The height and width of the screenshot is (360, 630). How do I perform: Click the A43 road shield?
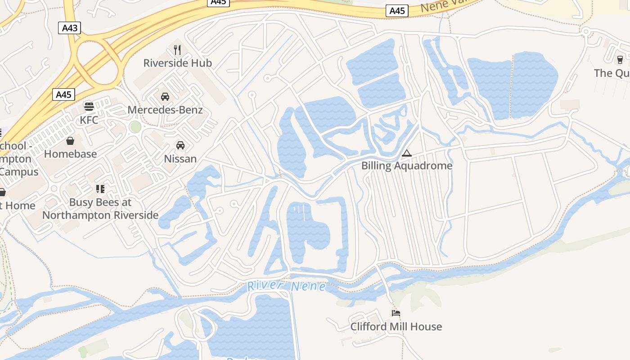point(70,28)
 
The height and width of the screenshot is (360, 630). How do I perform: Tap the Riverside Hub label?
point(177,63)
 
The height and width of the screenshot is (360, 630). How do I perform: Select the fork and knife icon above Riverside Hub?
point(177,49)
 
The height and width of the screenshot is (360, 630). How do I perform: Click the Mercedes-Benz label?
point(165,110)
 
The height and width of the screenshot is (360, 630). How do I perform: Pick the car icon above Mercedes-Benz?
point(165,96)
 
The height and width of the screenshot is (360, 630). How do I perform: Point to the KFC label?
point(89,120)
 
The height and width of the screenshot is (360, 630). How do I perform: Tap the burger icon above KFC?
point(89,107)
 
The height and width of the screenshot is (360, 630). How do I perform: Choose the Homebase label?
point(70,154)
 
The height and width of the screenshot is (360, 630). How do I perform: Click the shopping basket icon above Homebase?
point(70,141)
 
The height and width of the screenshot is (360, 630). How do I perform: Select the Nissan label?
point(180,158)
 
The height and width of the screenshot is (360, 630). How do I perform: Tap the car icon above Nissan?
point(180,145)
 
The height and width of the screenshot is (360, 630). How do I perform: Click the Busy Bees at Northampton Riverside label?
point(100,209)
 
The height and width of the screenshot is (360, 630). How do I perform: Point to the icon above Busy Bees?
point(100,189)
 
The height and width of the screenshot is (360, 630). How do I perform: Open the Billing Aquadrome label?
point(407,166)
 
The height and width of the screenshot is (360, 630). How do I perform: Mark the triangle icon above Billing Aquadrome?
point(407,153)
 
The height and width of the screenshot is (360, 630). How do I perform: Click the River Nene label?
point(286,286)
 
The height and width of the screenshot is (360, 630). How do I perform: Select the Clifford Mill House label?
point(396,327)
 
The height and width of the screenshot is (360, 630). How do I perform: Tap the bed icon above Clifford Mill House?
point(396,313)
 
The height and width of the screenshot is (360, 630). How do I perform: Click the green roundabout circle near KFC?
point(135,127)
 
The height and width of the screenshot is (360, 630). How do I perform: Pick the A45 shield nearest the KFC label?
point(63,94)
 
